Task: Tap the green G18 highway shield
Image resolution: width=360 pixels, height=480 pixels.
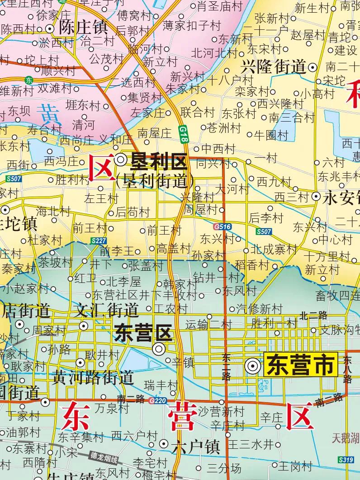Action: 183,134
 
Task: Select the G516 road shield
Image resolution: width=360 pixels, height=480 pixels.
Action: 222,226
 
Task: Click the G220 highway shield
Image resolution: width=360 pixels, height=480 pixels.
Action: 158,400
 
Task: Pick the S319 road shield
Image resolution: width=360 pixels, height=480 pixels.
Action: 346,460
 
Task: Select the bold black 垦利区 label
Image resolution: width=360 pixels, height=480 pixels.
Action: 158,160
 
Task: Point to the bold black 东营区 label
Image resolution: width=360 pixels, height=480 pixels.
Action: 143,334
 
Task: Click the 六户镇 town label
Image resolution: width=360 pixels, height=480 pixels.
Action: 195,447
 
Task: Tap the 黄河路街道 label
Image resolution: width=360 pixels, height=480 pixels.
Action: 93,376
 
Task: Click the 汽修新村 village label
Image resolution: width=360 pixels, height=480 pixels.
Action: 259,309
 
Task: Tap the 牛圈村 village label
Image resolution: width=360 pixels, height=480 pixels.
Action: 271,135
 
